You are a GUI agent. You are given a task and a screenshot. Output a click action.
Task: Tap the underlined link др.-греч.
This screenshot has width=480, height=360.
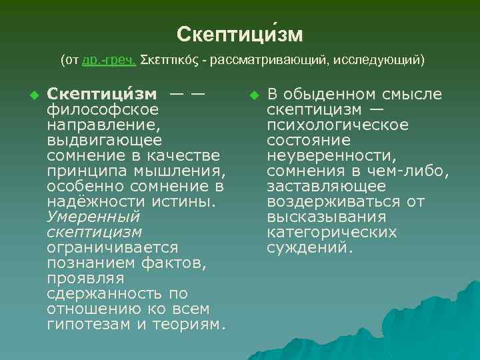coord(109,61)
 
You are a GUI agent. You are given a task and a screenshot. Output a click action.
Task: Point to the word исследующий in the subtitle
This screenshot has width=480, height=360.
coord(376,61)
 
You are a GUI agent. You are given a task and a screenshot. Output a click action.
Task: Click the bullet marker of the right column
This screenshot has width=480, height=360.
coord(253,94)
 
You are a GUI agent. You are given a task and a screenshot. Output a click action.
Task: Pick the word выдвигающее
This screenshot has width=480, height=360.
coord(104,140)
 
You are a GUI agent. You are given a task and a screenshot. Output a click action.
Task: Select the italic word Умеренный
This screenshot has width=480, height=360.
coord(93,217)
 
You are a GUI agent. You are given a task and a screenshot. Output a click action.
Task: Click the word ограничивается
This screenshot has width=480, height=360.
coord(113,247)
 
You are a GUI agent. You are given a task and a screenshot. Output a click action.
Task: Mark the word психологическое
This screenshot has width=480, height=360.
coord(338,125)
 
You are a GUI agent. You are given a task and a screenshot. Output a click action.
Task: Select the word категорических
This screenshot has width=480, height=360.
coord(331,232)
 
